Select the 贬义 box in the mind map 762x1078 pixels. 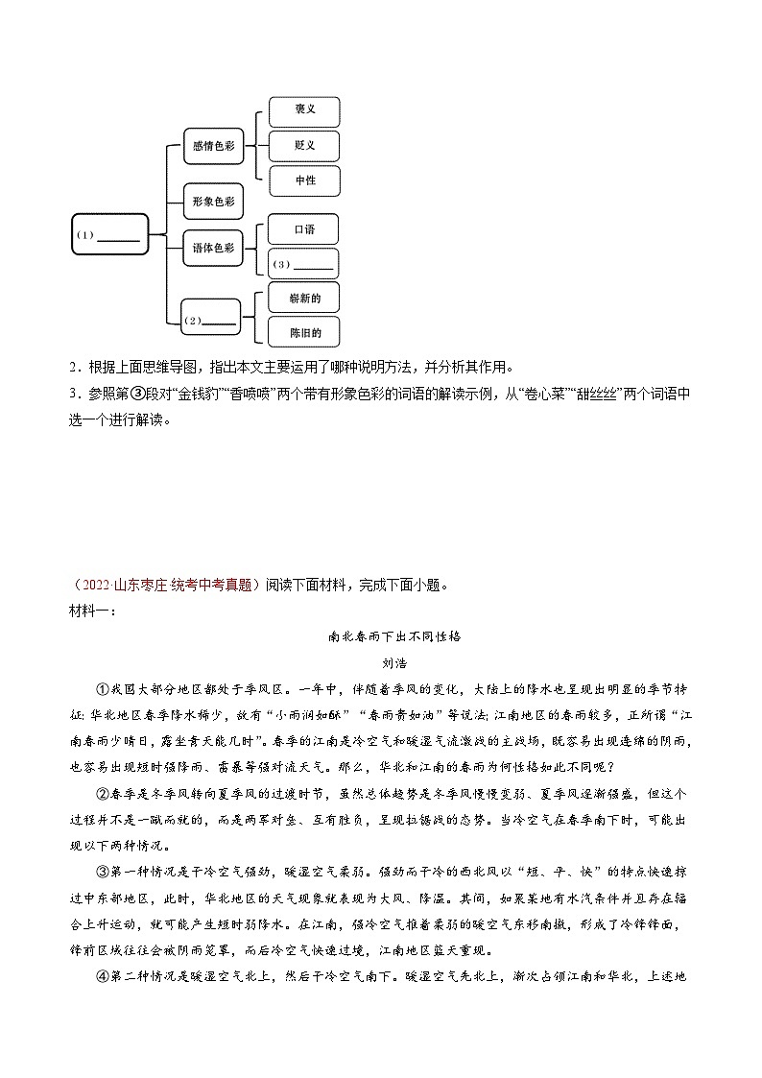tap(304, 145)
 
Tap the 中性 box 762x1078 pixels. tap(304, 180)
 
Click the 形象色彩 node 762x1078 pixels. tap(213, 201)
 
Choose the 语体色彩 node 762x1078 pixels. tap(213, 248)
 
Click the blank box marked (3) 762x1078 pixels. tap(304, 264)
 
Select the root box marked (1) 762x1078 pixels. tap(110, 235)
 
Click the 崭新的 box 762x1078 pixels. tap(304, 299)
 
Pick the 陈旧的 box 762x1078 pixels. tap(304, 333)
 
